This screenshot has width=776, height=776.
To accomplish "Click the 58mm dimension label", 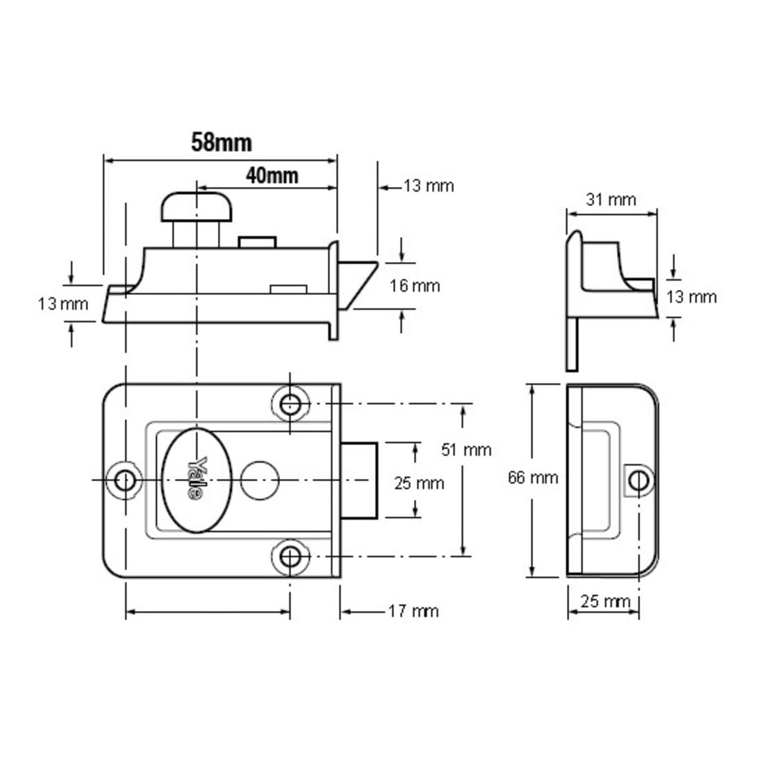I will [x=221, y=142].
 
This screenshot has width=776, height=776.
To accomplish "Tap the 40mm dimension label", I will [x=272, y=175].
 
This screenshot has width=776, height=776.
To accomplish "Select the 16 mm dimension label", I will [x=415, y=286].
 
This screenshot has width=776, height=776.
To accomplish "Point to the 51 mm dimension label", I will [x=466, y=449].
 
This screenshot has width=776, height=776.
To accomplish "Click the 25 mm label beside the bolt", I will [x=419, y=483].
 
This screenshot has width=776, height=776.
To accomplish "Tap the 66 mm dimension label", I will [x=533, y=478].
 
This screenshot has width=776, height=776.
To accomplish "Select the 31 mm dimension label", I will [x=610, y=200].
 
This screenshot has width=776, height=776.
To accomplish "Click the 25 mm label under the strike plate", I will [x=605, y=601].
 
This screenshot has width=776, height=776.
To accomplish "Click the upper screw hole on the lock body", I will [x=290, y=404].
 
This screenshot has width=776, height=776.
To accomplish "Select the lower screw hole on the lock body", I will [x=290, y=556].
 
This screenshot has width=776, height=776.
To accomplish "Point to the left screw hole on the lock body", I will [x=125, y=480].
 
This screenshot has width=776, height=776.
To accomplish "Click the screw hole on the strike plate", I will [x=638, y=480].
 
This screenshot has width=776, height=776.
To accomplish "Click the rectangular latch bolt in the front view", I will [x=360, y=480].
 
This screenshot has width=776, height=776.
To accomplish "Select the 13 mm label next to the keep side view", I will [x=691, y=297].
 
